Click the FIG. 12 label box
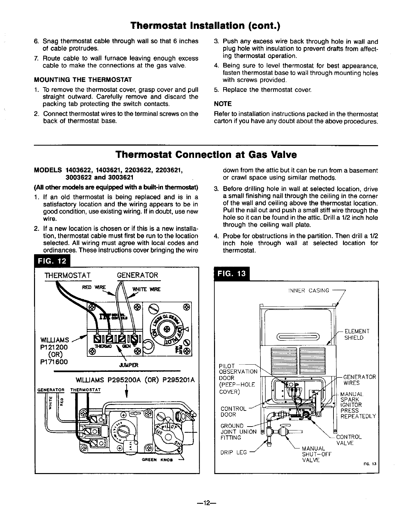click(52, 261)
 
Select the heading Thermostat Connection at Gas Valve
click(206, 155)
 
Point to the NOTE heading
click(223, 104)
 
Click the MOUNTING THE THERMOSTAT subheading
click(83, 80)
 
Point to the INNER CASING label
click(309, 291)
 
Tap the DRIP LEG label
click(234, 452)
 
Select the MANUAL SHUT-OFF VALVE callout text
click(316, 454)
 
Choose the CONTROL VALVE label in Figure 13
click(349, 440)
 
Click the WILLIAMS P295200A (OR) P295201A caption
click(135, 380)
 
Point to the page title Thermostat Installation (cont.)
click(206, 25)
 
